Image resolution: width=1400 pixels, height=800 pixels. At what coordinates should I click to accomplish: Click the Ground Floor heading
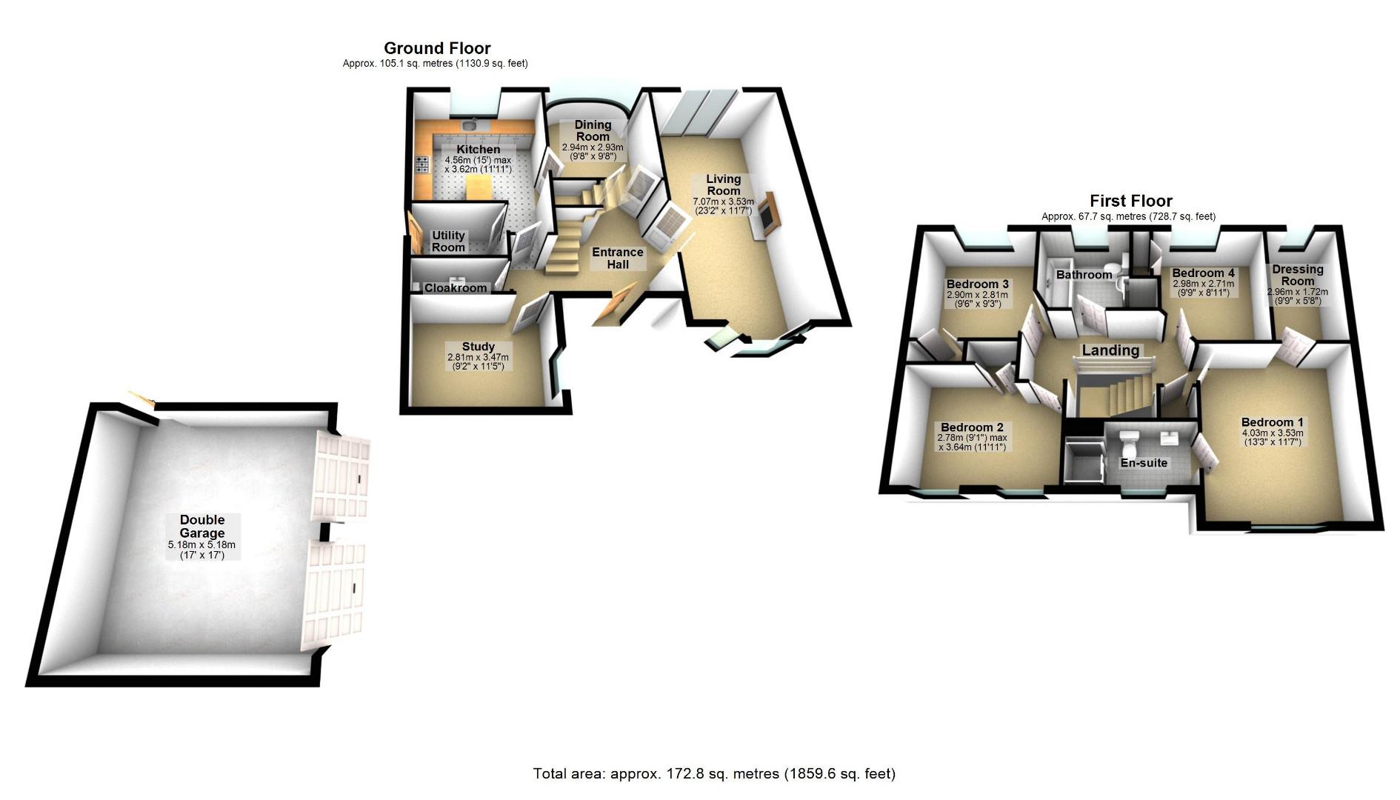437,49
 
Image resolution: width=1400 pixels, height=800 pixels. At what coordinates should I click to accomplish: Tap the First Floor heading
1130,201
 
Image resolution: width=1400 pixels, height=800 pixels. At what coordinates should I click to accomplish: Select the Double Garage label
201,526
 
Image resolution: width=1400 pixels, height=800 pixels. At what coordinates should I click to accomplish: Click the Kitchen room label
478,150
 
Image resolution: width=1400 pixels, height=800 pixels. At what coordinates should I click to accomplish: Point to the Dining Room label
593,130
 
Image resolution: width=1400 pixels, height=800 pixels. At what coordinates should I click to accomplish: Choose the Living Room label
723,184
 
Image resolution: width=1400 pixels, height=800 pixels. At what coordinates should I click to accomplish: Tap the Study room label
478,347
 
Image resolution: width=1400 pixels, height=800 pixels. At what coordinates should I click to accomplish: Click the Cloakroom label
456,288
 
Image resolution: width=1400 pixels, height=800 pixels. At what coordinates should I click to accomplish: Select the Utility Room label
448,241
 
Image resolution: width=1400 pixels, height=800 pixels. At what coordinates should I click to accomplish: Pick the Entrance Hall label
618,259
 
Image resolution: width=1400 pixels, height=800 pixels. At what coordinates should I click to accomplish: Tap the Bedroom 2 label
972,427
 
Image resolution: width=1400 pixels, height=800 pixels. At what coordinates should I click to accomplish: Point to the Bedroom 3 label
977,284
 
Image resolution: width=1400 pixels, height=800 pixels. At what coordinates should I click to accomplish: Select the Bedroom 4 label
1203,273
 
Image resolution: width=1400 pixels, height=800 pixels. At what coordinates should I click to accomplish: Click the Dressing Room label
1298,275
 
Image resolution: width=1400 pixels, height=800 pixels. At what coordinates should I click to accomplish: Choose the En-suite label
1144,463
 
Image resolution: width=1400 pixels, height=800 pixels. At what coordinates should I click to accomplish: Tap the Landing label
1110,350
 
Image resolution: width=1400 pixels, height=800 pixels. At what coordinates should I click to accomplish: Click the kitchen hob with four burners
422,165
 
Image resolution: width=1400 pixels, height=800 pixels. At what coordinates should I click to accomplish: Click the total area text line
714,774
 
